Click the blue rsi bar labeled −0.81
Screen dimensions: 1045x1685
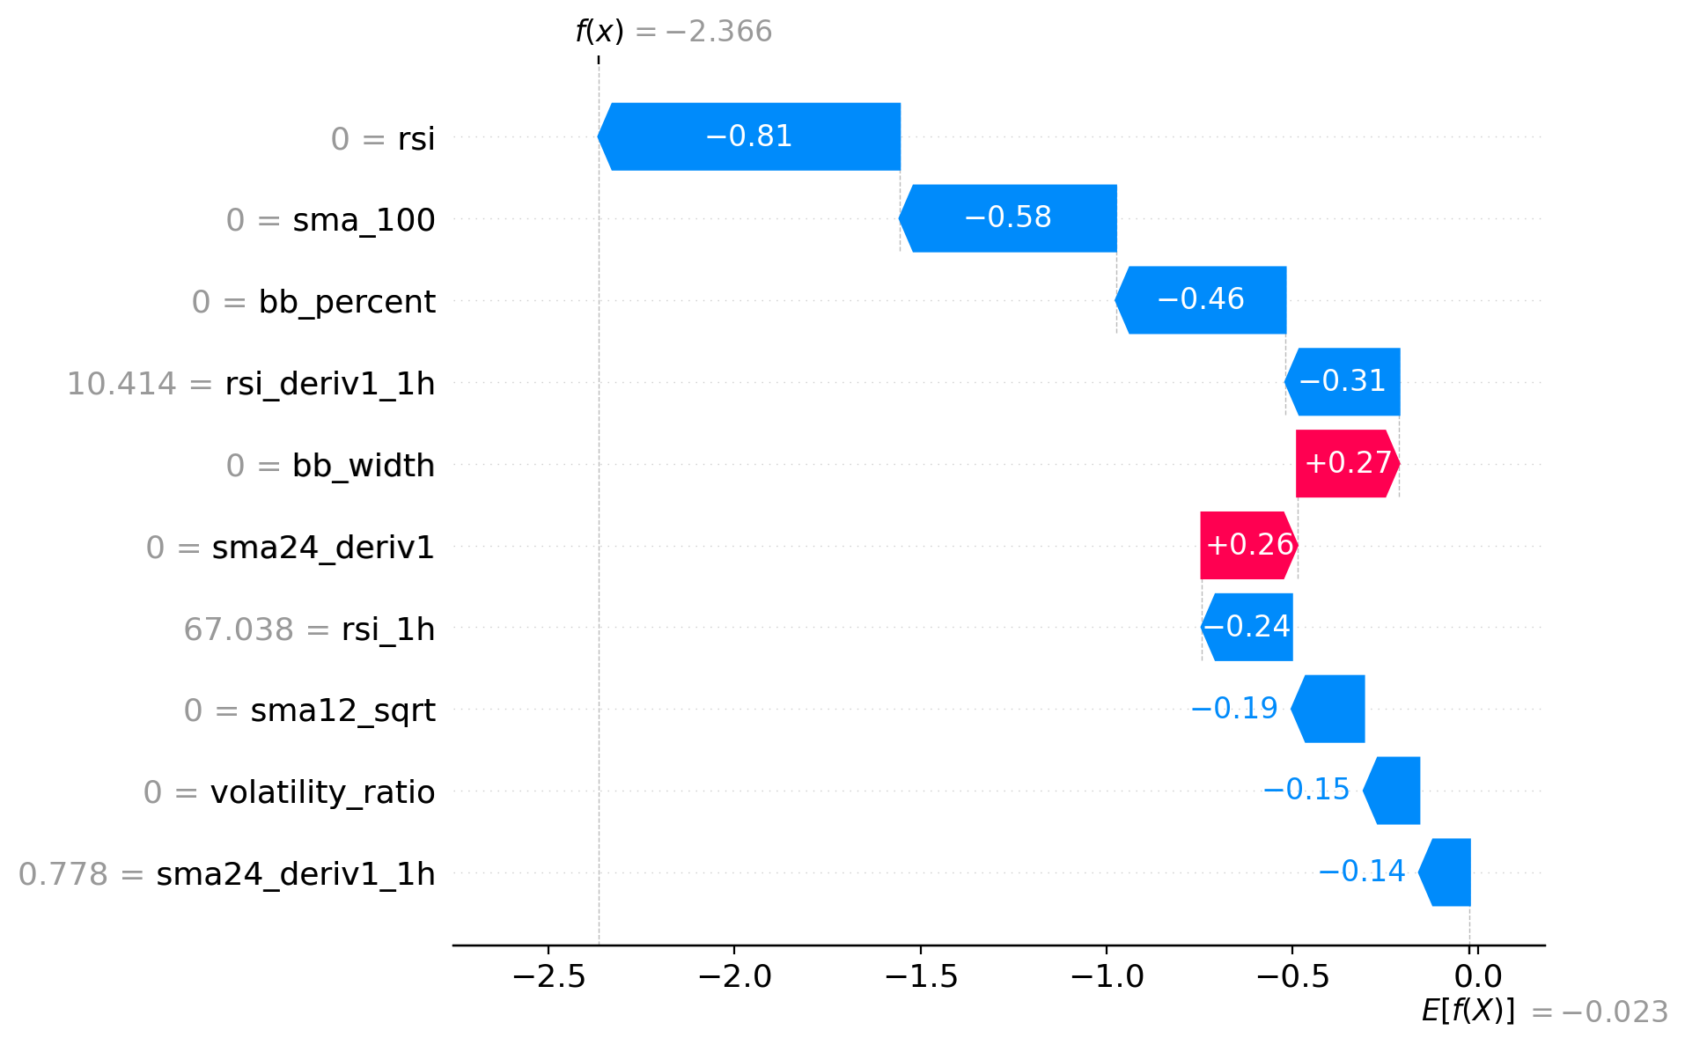(x=749, y=136)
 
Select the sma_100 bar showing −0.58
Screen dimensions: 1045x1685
(x=1008, y=218)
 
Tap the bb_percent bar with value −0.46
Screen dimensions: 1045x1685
(x=1201, y=300)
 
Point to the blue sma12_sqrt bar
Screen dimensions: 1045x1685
(x=1329, y=709)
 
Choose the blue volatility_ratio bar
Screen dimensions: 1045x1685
(x=1393, y=791)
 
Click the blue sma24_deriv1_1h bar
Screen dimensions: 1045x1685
(x=1446, y=872)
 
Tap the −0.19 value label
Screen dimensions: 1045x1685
(x=1233, y=709)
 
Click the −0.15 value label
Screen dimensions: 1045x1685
(x=1306, y=790)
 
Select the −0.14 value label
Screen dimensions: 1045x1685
(x=1361, y=872)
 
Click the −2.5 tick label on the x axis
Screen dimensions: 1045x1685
(x=548, y=976)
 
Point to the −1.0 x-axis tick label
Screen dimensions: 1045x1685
(x=1107, y=976)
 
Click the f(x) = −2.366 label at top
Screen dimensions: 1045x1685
(x=673, y=32)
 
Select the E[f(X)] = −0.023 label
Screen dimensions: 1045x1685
(x=1544, y=1012)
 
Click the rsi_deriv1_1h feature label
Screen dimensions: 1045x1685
(x=330, y=384)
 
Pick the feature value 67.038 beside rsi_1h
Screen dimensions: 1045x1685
(x=238, y=629)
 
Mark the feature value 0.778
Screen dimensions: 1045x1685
(x=63, y=874)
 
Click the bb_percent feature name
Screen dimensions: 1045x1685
(x=347, y=302)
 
